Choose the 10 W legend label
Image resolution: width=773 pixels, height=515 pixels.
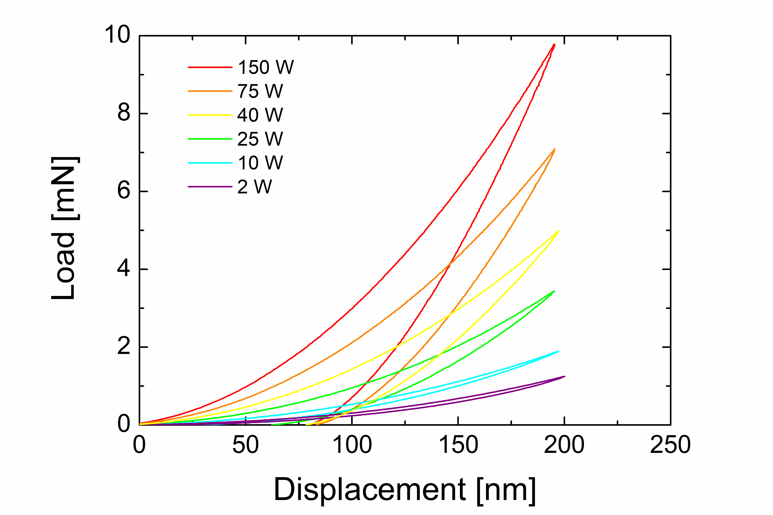[260, 163]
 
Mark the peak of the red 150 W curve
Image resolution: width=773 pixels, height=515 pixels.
[554, 45]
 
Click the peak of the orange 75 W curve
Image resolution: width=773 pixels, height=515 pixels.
[554, 149]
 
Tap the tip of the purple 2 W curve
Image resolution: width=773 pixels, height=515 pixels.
[564, 376]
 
